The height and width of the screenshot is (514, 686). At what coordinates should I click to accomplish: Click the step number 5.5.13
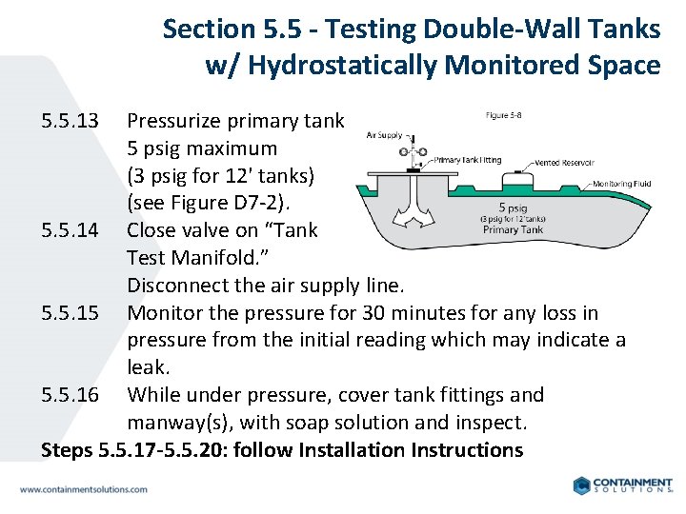point(71,121)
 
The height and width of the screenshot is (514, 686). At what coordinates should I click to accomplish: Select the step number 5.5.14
point(71,230)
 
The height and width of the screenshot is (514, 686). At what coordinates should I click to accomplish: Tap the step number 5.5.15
point(71,313)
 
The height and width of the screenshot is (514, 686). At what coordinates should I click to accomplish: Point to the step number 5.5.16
point(71,395)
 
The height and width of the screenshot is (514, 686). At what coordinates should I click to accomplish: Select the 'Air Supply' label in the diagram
point(384,135)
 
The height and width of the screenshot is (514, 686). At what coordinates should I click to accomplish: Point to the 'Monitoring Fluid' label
point(622,184)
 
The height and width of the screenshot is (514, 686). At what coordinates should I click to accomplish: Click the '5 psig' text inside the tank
point(514,207)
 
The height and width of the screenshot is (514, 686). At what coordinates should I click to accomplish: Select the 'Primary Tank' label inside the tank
point(514,229)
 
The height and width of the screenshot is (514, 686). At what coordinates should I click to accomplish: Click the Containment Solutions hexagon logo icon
point(582,485)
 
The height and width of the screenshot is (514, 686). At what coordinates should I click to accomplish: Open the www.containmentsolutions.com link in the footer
point(84,489)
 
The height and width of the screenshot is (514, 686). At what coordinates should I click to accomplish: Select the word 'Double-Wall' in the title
point(496,29)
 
